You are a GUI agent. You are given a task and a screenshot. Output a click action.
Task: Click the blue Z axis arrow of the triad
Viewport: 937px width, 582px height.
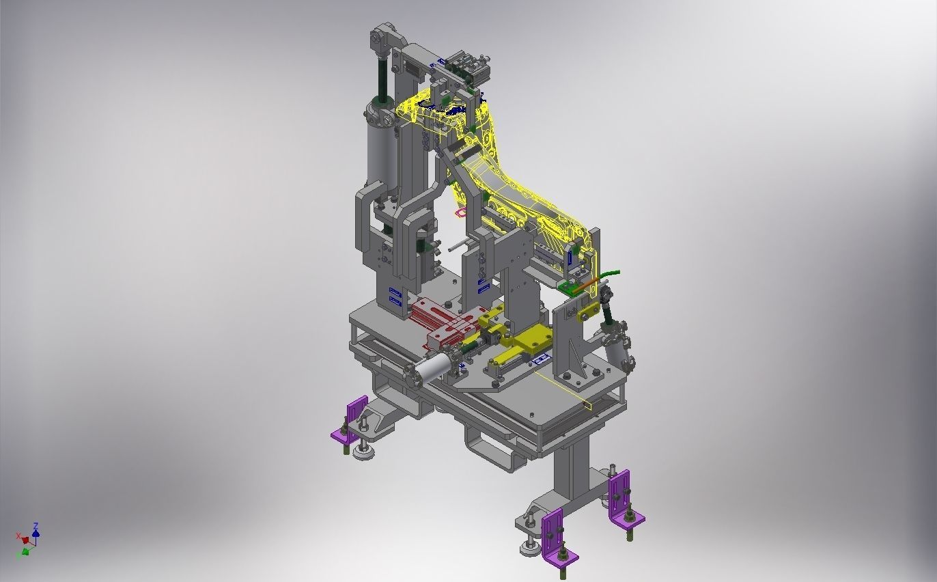point(36,528)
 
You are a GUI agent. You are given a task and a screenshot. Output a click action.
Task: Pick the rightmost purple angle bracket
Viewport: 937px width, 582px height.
point(622,499)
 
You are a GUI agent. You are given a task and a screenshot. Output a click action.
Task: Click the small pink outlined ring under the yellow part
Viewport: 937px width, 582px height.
point(461,212)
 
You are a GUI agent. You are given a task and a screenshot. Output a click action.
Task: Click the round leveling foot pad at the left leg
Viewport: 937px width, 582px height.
point(364,452)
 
